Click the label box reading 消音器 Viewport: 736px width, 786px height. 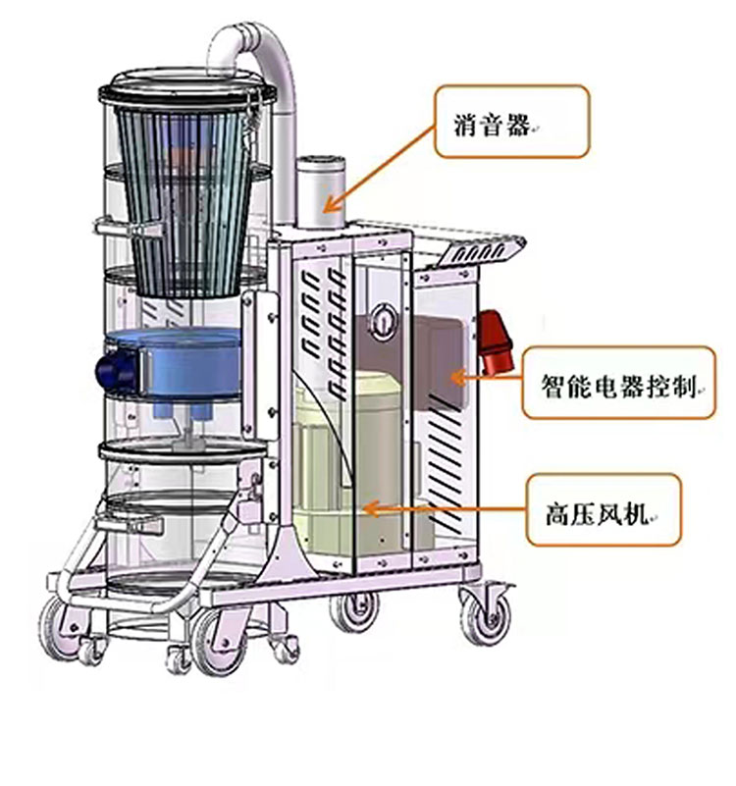click(x=511, y=121)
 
